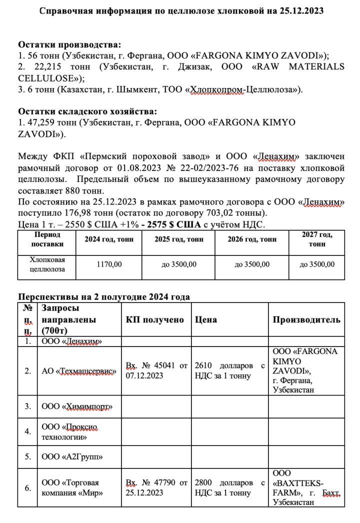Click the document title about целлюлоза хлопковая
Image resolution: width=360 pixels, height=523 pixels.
181,10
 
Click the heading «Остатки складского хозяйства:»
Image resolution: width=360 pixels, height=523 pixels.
87,111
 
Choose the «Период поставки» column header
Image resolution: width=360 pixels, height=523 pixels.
47,239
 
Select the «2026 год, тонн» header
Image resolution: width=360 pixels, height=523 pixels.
252,239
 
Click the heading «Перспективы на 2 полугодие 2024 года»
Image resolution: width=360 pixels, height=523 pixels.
103,296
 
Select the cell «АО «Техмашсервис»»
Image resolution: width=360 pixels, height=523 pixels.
79,371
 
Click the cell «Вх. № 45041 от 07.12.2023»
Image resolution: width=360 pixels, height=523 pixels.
156,371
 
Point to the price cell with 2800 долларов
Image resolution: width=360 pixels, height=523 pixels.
229,487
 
